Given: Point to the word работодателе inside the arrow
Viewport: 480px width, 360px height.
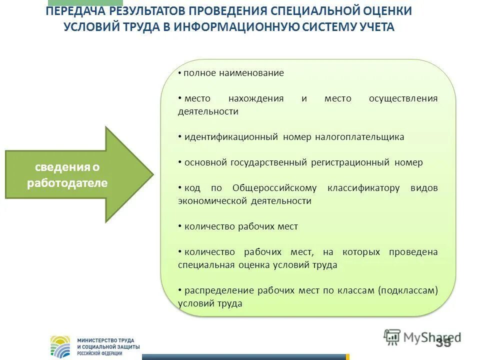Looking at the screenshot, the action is (x=67, y=183).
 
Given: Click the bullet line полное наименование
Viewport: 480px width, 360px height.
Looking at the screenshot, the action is (x=233, y=73).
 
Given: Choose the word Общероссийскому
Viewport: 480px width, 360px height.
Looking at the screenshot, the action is (x=274, y=188).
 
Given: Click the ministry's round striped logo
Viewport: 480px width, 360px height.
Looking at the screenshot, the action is (x=60, y=346).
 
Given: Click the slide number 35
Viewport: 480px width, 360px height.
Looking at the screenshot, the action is (x=443, y=342).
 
